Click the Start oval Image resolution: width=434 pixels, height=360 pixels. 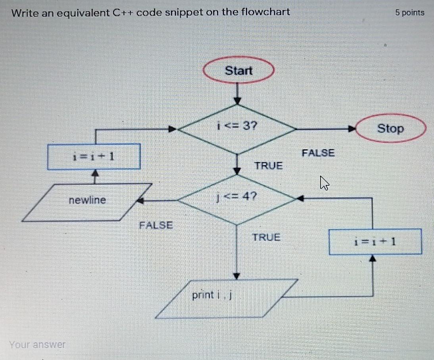(x=238, y=71)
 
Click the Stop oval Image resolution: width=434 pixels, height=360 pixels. (x=390, y=129)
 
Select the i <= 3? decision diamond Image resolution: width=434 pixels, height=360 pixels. (x=237, y=127)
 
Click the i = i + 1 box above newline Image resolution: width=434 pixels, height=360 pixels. (x=94, y=156)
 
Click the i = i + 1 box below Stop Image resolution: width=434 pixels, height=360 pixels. (x=375, y=241)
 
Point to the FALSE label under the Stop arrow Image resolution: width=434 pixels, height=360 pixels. (x=318, y=153)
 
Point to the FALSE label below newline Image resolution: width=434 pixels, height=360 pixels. (x=156, y=225)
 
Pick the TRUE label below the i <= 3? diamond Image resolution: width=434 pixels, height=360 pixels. (x=269, y=166)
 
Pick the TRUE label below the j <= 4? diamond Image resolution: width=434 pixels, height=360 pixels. (x=267, y=238)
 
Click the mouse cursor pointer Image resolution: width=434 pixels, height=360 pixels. (x=324, y=183)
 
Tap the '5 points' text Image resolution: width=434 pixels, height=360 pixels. (x=410, y=12)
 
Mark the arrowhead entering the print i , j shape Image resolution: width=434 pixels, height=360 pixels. (x=237, y=276)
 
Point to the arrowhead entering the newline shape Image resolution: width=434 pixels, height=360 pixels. (x=140, y=201)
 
